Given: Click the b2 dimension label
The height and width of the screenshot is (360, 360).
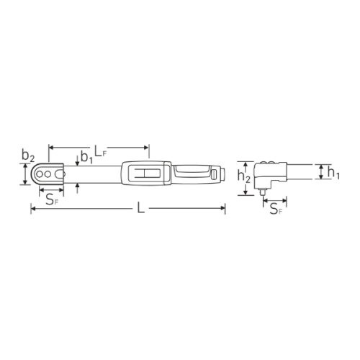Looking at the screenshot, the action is coord(28,156).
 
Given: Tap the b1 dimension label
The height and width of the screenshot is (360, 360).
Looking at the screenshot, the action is coord(86,157).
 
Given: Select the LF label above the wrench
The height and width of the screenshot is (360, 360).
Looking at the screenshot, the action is coord(100,151).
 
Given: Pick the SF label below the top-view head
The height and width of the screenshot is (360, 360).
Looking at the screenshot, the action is coord(52,199).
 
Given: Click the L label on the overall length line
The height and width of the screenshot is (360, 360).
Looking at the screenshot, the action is coord(141,207).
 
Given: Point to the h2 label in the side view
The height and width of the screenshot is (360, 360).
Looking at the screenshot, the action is coord(243,176).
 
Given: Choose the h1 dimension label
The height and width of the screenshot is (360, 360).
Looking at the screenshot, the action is coord(333,173).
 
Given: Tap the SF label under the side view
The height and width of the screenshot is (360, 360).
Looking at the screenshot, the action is coord(276,209).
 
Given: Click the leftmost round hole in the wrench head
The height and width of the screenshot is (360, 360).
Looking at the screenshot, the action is coord(39,174).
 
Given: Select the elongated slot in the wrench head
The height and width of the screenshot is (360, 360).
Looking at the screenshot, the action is coord(58,174).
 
